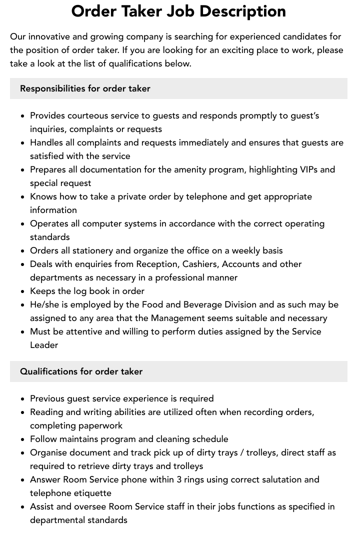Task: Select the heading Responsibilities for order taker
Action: [x=85, y=88]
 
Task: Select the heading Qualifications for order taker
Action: [x=81, y=371]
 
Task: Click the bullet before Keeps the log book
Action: [x=23, y=291]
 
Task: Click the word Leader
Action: [x=44, y=345]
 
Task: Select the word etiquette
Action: [x=91, y=493]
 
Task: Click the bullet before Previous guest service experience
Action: [x=23, y=399]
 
